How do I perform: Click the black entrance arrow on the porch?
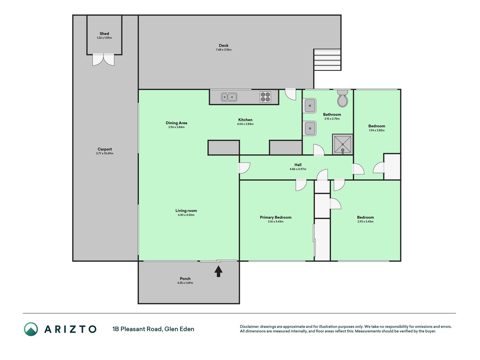coord(218,271)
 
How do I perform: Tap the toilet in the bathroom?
coord(342,98)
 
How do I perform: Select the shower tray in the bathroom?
coord(342,144)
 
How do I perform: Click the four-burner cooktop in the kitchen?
coord(265,97)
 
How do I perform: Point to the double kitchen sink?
coord(229,97)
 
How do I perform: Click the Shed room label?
coord(104,33)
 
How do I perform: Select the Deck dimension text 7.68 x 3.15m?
coord(224,50)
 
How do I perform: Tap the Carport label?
coord(105,149)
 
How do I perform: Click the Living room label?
coord(186,211)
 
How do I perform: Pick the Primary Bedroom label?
coord(276,217)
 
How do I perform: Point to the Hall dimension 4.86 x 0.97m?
coord(298,169)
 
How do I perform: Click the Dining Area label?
coord(176,123)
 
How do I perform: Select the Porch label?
coord(185,279)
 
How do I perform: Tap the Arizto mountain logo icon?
coord(31,329)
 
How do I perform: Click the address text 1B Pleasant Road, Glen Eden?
coord(153,329)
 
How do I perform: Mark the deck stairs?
coord(327,60)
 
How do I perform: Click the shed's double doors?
coord(103,60)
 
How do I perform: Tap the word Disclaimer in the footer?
coord(249,327)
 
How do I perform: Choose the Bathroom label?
coord(332,114)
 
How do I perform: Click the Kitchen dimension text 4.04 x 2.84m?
coord(245,124)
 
